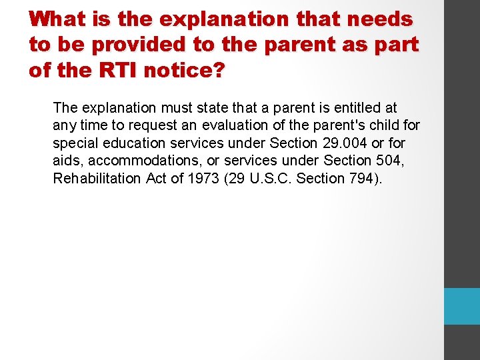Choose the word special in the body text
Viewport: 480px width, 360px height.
[x=74, y=143]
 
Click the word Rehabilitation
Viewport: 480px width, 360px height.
[x=97, y=179]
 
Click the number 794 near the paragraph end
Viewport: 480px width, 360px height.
[x=360, y=179]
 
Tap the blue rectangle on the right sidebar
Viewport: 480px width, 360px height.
[x=461, y=306]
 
